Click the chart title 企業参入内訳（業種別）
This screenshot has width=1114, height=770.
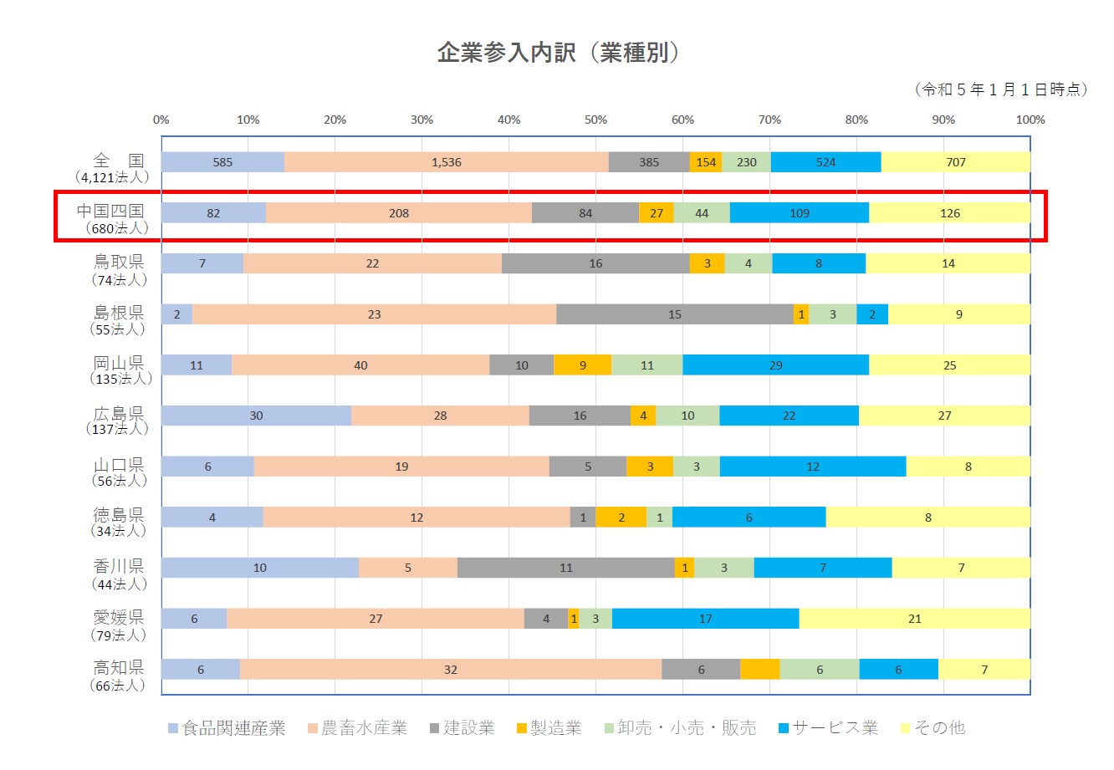tap(559, 53)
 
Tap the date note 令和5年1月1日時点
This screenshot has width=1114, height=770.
tap(1002, 89)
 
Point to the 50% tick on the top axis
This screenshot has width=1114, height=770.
tap(595, 120)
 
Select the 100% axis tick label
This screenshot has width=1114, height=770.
tap(1030, 120)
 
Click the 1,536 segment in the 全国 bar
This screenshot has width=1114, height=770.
tap(446, 162)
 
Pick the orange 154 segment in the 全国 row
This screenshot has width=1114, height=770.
tap(706, 162)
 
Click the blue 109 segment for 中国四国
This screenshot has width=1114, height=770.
tap(799, 213)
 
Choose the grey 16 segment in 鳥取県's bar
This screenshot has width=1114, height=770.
tap(595, 263)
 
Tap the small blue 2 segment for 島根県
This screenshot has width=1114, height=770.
tap(872, 314)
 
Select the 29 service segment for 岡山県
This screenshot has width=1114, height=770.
tap(775, 365)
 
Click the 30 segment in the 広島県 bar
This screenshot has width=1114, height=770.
tap(256, 416)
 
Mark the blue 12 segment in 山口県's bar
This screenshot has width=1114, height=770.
tap(812, 467)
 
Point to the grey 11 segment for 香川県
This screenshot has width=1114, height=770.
tap(565, 568)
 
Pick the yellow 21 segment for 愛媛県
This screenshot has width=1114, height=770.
tap(914, 619)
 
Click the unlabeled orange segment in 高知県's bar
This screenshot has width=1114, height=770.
tap(759, 670)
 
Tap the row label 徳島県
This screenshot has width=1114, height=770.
tap(119, 514)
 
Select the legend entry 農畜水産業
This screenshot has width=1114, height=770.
tap(357, 728)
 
